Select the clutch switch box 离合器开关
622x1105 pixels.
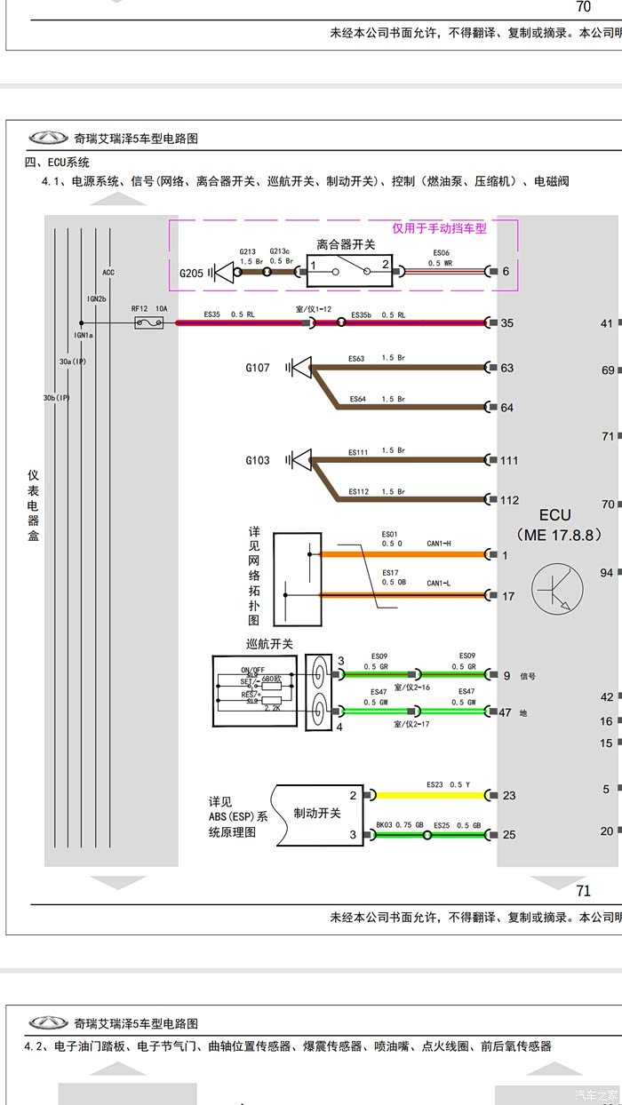(347, 266)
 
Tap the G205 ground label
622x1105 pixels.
(192, 274)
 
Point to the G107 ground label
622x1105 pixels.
(258, 367)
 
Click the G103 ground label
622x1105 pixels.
(258, 460)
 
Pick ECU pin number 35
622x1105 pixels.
(506, 322)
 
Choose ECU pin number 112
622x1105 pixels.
(509, 499)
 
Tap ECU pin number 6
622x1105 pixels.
(506, 271)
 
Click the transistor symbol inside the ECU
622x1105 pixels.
(557, 588)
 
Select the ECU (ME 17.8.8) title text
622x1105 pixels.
(557, 525)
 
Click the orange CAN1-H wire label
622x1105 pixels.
(439, 545)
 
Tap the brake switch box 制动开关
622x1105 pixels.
(317, 814)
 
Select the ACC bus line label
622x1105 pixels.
(108, 272)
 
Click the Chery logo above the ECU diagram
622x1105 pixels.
(48, 138)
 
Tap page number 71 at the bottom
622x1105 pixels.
(583, 891)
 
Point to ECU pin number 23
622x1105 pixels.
(509, 795)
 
